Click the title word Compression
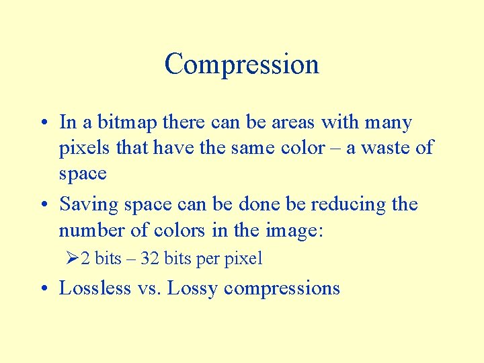pyautogui.click(x=241, y=65)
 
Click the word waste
pyautogui.click(x=389, y=147)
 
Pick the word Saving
pyautogui.click(x=83, y=204)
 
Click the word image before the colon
pyautogui.click(x=291, y=231)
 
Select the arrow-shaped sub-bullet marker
pyautogui.click(x=73, y=258)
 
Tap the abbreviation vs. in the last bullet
pyautogui.click(x=149, y=288)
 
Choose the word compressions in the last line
pyautogui.click(x=282, y=288)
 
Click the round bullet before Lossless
pyautogui.click(x=43, y=289)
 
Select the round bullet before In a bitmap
pyautogui.click(x=43, y=123)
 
